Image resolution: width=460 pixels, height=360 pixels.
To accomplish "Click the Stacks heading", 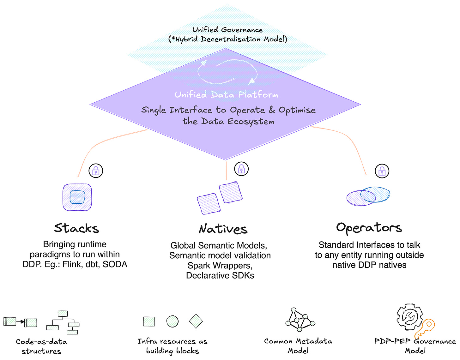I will click(76, 228).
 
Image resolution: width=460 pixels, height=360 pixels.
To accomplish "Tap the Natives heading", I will click(223, 229).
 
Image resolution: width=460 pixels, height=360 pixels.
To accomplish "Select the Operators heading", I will click(369, 228).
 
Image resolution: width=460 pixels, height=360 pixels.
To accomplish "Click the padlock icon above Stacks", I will click(96, 171).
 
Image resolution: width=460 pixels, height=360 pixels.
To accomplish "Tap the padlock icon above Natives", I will click(241, 169).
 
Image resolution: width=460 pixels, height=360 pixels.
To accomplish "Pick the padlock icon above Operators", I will click(382, 171).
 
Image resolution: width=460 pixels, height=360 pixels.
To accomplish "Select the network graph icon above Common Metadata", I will click(300, 320).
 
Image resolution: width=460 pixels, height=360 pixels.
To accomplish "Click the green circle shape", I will click(172, 321).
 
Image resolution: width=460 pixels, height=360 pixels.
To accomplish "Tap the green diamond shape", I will click(196, 321).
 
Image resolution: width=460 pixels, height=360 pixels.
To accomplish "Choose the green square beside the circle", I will click(149, 321).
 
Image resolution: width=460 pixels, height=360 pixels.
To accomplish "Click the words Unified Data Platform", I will click(226, 94).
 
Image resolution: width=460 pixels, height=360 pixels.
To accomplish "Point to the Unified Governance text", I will click(227, 30).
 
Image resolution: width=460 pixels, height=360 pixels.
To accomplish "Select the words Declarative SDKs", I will click(220, 275).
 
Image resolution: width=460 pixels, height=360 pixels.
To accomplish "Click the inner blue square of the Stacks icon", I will click(77, 197).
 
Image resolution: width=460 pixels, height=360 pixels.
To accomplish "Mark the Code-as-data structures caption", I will click(41, 346).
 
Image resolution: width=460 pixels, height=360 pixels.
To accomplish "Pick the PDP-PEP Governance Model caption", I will click(415, 346).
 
